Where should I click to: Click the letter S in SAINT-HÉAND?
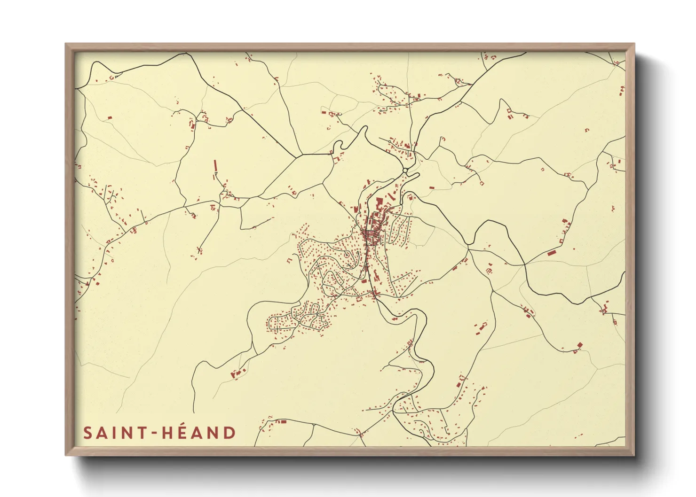pyautogui.click(x=88, y=433)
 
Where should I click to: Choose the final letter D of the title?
pyautogui.click(x=229, y=433)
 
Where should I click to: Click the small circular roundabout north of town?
pyautogui.click(x=405, y=170)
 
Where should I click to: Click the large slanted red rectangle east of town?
pyautogui.click(x=552, y=253)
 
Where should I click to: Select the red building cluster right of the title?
pyautogui.click(x=281, y=422)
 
